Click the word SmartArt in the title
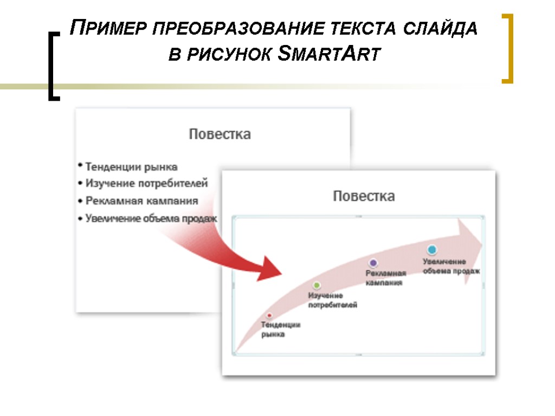tap(326, 55)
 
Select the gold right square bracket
tap(508, 49)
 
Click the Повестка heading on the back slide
tap(220, 134)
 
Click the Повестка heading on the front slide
tap(363, 196)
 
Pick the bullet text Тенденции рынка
tap(131, 167)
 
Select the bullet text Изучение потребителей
tap(146, 184)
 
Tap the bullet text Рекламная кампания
tap(141, 200)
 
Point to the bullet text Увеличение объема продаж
tap(151, 219)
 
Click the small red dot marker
tap(269, 315)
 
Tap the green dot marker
tap(317, 285)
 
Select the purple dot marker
tap(373, 263)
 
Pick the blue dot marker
tap(431, 250)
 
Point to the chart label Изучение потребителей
tap(332, 300)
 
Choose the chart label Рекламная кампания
tap(385, 278)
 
